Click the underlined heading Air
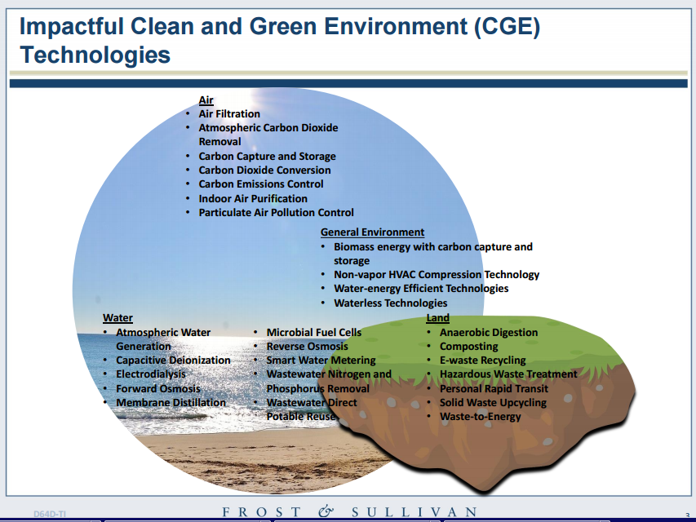click(206, 100)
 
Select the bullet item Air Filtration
click(229, 114)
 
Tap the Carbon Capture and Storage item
click(267, 157)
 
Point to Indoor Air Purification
click(253, 198)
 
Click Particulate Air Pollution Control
click(276, 213)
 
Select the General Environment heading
click(372, 232)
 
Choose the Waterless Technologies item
click(391, 303)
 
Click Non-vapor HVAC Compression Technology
click(437, 275)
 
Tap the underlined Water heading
click(117, 318)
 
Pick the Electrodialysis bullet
click(151, 374)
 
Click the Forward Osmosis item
click(158, 388)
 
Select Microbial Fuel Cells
click(314, 333)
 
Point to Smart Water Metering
click(321, 360)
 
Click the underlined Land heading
click(437, 318)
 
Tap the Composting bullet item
click(468, 346)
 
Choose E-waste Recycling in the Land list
click(482, 360)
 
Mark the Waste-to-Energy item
click(481, 416)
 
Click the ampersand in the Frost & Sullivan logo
click(326, 511)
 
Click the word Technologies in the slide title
click(95, 55)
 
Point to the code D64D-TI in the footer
click(50, 514)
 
